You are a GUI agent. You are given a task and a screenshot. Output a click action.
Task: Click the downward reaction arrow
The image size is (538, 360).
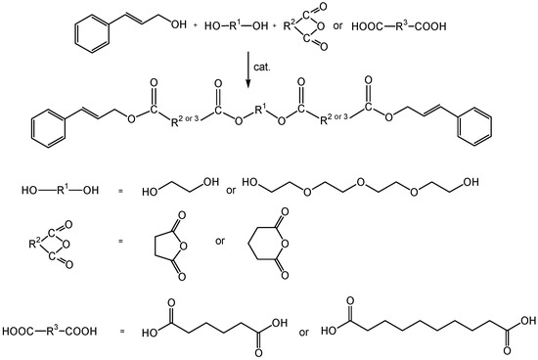pos(247,67)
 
